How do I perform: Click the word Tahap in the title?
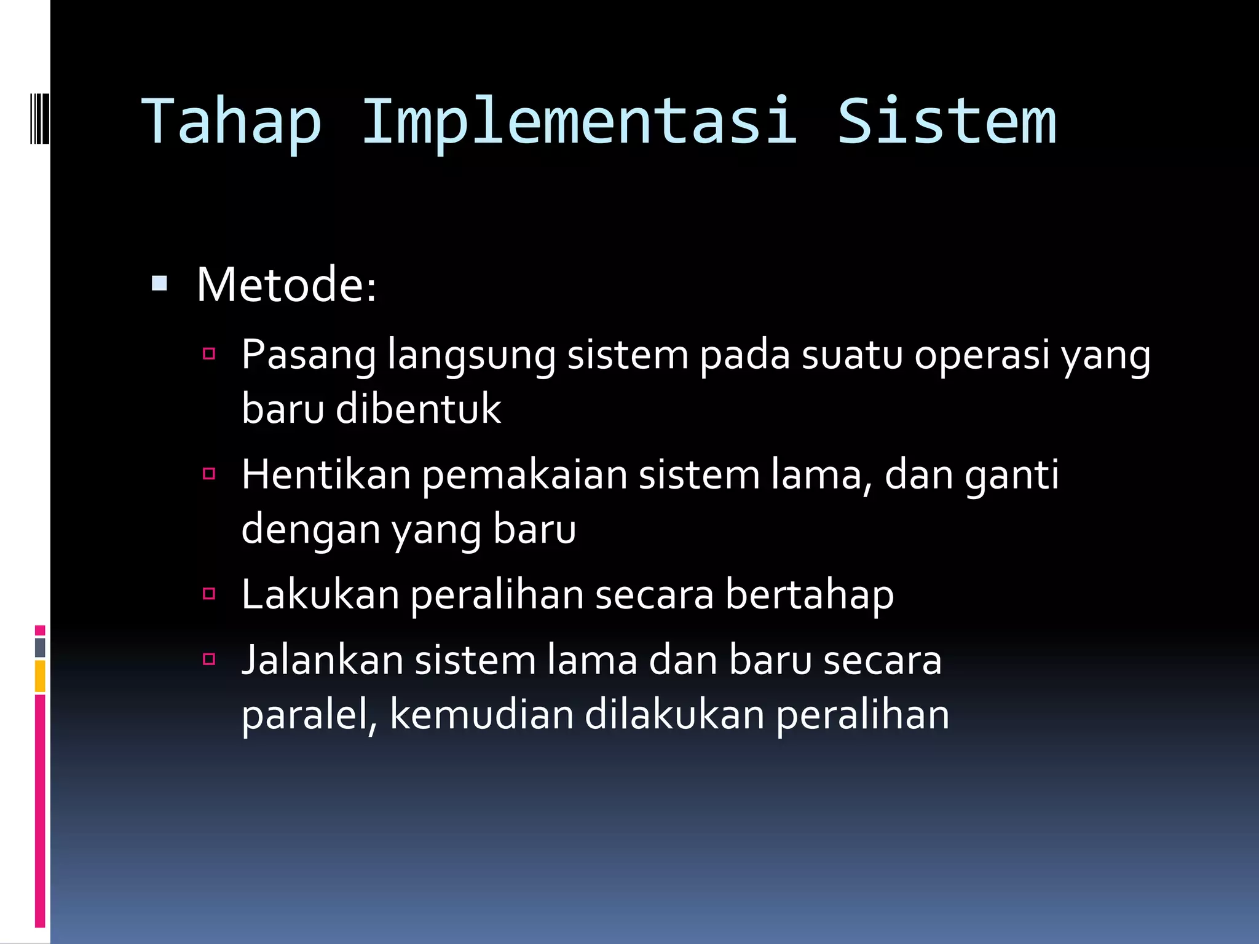[x=232, y=123]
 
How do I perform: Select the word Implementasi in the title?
[x=579, y=123]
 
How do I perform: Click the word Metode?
[x=285, y=285]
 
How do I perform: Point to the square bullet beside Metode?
[x=159, y=283]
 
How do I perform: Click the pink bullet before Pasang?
[x=209, y=353]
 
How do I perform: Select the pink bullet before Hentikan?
[x=209, y=473]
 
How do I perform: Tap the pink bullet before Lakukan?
[x=209, y=593]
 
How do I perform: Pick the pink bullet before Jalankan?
[x=209, y=659]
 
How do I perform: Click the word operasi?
[x=982, y=356]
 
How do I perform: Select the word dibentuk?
[x=418, y=409]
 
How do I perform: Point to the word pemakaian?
[x=524, y=476]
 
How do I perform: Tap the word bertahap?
[x=809, y=596]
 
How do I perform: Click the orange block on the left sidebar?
[x=40, y=676]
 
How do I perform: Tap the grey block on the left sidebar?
[x=40, y=647]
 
